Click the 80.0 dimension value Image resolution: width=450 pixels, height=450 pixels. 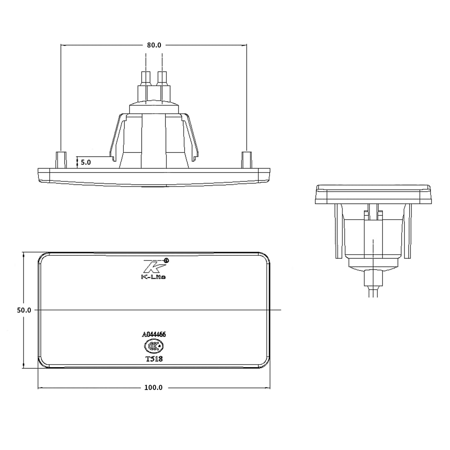click(x=154, y=45)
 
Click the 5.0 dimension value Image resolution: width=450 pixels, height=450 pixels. click(x=85, y=162)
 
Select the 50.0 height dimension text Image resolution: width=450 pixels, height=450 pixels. click(x=24, y=310)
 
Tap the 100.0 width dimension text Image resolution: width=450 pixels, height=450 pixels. click(x=153, y=387)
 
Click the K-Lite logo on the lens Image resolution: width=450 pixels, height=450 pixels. click(x=153, y=269)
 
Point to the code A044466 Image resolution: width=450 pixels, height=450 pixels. click(x=154, y=334)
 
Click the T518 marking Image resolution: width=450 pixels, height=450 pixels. click(x=154, y=358)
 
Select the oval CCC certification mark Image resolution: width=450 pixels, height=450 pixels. click(x=154, y=346)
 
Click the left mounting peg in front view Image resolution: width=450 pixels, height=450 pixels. click(x=61, y=160)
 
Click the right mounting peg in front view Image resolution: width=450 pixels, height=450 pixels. click(x=246, y=160)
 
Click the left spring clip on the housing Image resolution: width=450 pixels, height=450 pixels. click(x=117, y=135)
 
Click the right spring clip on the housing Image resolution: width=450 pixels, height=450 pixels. click(x=192, y=135)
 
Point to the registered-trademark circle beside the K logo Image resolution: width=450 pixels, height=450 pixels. click(x=167, y=260)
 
